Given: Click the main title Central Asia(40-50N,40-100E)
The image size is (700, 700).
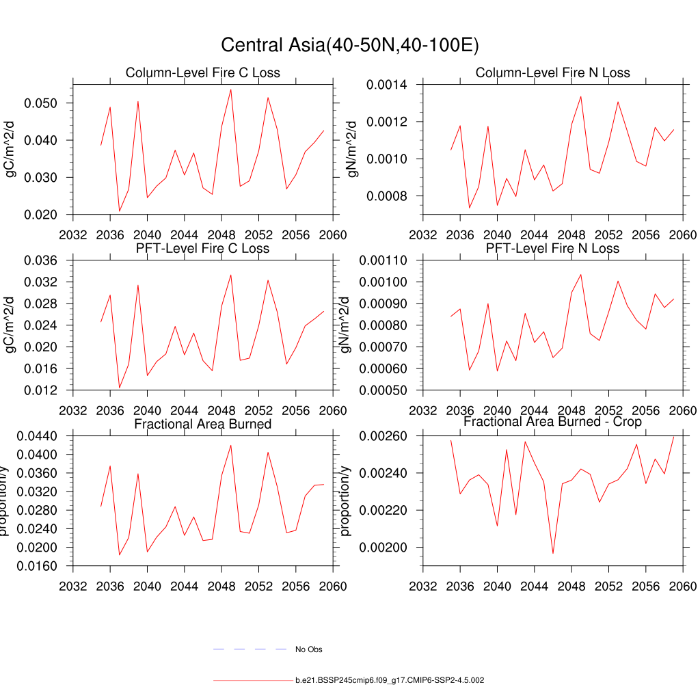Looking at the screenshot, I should [349, 45].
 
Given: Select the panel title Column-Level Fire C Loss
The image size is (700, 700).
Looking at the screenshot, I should [203, 73].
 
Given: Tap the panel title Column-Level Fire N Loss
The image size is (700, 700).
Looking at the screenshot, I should [552, 72].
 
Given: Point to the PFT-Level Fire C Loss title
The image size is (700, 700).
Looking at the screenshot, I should [203, 248].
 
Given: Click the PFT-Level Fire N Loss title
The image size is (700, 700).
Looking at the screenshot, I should [552, 248].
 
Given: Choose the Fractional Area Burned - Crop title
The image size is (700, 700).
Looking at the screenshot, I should [552, 422].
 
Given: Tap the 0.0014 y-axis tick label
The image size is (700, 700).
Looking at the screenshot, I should [387, 85].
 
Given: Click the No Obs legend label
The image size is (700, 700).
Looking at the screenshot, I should [308, 649].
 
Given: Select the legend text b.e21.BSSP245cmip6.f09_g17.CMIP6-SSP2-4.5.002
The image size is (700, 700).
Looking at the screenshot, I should [390, 681].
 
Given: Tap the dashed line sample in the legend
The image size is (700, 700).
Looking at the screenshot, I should [250, 649].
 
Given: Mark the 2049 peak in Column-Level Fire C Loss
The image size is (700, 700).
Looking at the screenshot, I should [230, 90].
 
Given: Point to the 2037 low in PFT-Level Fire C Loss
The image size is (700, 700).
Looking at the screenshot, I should [120, 388].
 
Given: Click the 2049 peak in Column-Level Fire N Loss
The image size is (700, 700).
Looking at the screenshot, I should [580, 96].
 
